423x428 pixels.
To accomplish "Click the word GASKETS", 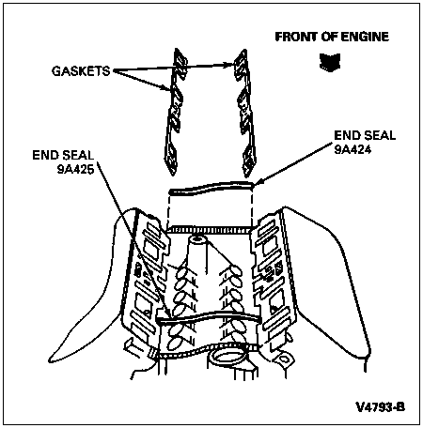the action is click(x=81, y=71).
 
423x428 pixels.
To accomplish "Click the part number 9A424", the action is click(x=352, y=149).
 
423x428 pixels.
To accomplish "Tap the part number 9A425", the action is click(x=75, y=169).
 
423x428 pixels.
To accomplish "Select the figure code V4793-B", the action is click(x=381, y=407).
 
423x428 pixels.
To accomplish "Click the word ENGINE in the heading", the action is click(x=365, y=37).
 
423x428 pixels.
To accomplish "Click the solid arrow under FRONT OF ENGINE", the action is click(x=330, y=62).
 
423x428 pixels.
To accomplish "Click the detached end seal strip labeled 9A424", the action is click(x=211, y=189).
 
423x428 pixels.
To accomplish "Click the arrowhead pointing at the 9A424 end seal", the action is click(x=258, y=183).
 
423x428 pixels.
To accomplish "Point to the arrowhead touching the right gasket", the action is click(x=231, y=65).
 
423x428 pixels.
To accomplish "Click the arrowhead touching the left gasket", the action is click(x=165, y=88).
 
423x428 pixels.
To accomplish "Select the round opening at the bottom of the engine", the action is click(x=228, y=358).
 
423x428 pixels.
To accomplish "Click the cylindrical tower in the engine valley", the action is click(x=197, y=255).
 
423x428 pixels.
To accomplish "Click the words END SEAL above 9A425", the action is click(x=63, y=155).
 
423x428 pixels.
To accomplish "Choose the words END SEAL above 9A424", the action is click(x=365, y=135).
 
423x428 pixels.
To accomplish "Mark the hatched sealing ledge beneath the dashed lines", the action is click(x=210, y=230).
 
